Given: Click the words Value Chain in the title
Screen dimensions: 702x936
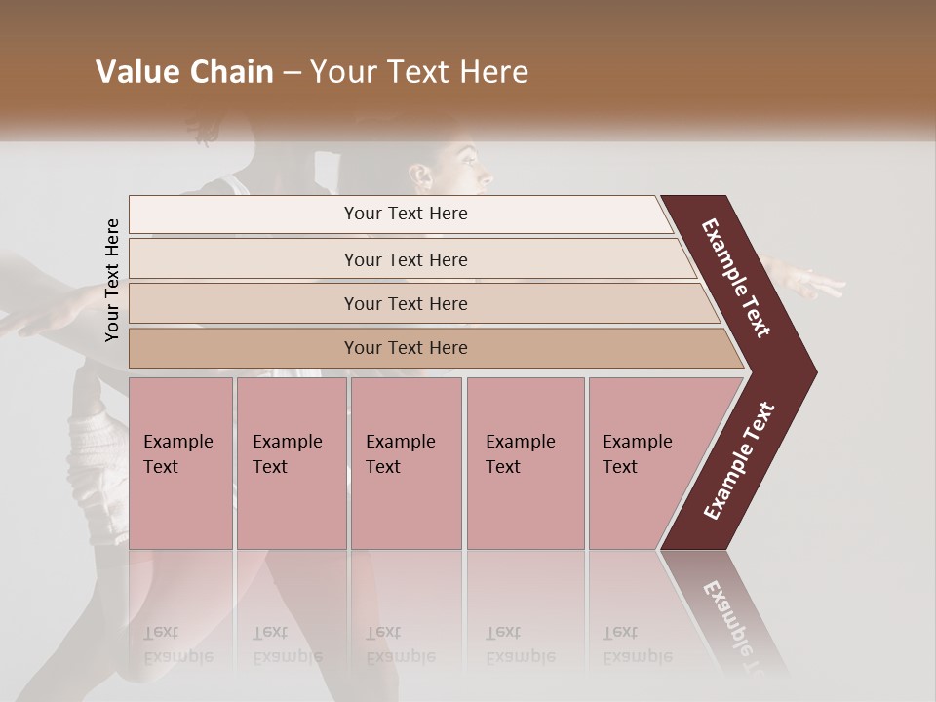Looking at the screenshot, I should [x=184, y=72].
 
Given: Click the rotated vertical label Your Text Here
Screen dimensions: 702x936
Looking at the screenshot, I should [x=112, y=280].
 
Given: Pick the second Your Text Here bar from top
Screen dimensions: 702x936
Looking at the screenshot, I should [x=406, y=259].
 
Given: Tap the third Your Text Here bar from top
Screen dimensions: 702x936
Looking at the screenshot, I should [x=406, y=303].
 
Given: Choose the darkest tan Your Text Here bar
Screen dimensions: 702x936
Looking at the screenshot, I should [x=406, y=348].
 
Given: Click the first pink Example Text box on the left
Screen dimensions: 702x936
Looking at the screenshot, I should [x=180, y=463].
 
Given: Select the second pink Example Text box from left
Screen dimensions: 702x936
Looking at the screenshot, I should [x=291, y=463].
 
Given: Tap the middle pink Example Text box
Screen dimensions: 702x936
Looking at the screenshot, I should [x=406, y=463].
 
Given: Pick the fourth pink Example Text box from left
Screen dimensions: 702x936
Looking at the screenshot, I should [x=526, y=463].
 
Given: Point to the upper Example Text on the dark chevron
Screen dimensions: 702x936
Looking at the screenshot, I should [x=736, y=278].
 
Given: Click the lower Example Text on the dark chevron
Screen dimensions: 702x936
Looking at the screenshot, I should [x=738, y=460].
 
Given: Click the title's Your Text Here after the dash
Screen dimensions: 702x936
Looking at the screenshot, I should [x=418, y=72].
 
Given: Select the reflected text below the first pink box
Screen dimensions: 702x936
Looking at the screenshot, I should [x=177, y=644].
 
